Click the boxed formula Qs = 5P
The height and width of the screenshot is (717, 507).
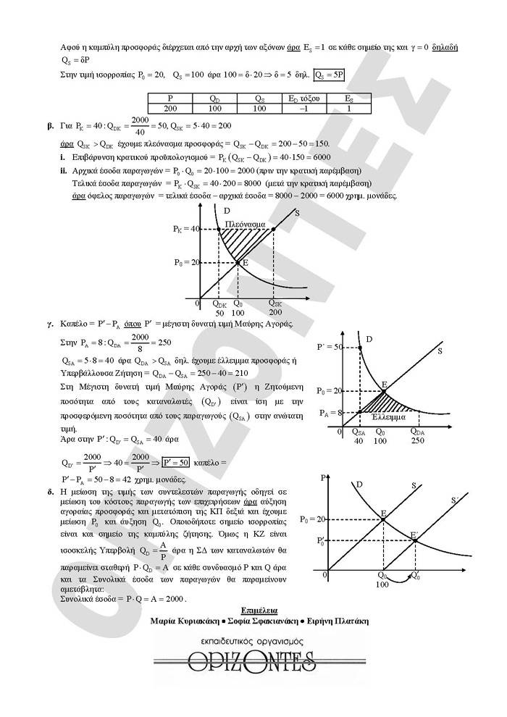[x=330, y=74]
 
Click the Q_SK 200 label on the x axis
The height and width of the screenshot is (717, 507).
[x=276, y=309]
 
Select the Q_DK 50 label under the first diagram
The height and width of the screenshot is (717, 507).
[x=220, y=309]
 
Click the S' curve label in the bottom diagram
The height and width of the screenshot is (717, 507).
[x=454, y=500]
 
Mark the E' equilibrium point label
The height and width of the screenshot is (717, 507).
[x=414, y=535]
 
